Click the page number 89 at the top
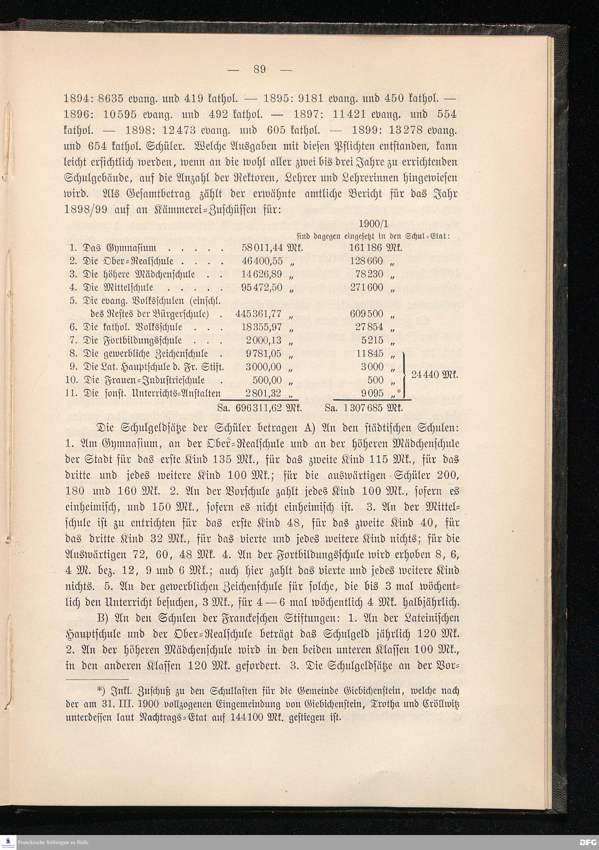pos(260,69)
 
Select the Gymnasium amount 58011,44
pos(262,248)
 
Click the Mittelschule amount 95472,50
pos(262,287)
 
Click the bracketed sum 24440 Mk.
pos(434,374)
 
